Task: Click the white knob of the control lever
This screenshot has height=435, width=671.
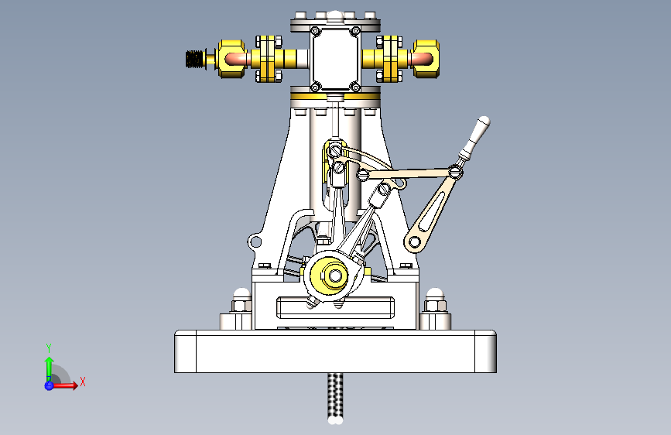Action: click(x=483, y=123)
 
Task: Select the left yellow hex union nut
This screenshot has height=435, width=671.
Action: click(x=230, y=59)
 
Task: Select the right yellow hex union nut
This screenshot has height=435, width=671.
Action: click(x=427, y=59)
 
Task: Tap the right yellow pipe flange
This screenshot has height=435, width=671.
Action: click(x=390, y=59)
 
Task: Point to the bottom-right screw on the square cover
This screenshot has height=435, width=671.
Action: click(x=354, y=85)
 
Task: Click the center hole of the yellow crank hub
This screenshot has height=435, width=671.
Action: click(x=335, y=274)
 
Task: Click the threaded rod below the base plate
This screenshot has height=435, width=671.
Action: click(x=335, y=395)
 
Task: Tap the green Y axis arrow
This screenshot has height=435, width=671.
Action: click(x=49, y=364)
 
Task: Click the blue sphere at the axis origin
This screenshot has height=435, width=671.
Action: click(x=50, y=385)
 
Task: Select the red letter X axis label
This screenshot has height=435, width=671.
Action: click(x=82, y=382)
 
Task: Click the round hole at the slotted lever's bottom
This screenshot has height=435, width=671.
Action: click(x=416, y=242)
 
